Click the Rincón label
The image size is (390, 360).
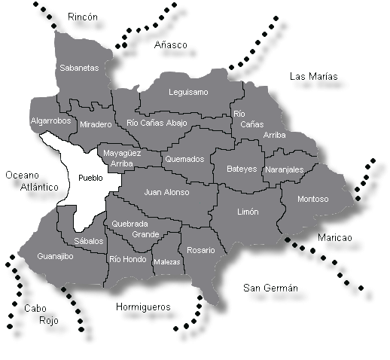tap(83, 17)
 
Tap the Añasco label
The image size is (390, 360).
tap(170, 45)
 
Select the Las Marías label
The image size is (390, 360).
tap(313, 77)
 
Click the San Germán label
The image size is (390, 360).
tap(271, 288)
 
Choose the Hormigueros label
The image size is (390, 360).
tap(143, 307)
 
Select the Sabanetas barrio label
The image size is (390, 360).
tap(79, 68)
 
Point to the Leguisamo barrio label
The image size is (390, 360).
tap(188, 93)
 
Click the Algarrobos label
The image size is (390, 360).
tap(50, 121)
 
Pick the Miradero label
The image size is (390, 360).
tap(96, 124)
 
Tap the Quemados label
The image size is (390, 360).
tap(184, 160)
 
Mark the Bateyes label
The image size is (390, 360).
tap(242, 169)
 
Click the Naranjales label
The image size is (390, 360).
tap(285, 170)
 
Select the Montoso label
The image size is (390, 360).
tap(313, 200)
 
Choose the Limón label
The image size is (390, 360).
tap(248, 212)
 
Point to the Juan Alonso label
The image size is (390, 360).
tap(166, 192)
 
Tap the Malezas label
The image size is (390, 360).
tap(166, 262)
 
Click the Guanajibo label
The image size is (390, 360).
tap(55, 257)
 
